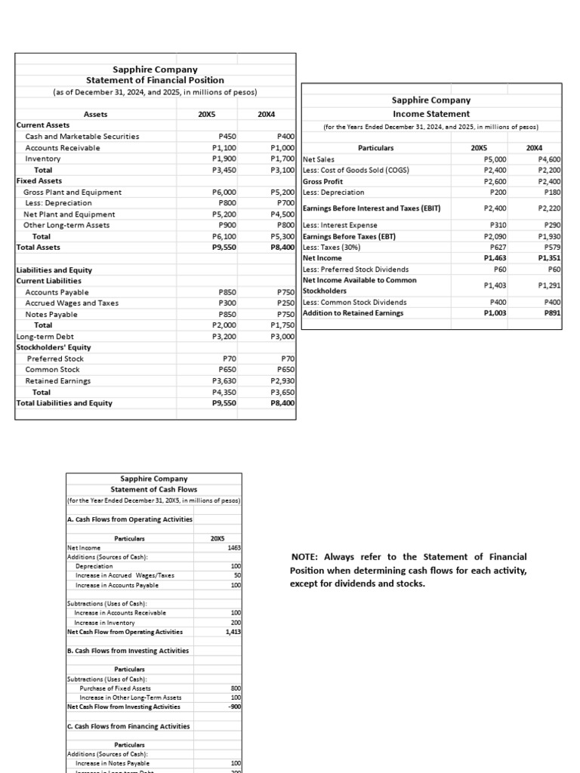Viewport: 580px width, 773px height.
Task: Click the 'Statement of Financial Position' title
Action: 155,80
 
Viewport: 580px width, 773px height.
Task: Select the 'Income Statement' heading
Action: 430,113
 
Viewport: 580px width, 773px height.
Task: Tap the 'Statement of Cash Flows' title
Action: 154,489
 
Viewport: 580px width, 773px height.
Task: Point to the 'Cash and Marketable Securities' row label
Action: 82,137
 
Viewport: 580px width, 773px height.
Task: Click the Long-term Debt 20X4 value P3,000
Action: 282,337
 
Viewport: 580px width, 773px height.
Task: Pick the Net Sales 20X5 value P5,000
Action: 494,159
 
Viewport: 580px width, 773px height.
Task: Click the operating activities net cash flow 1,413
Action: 233,632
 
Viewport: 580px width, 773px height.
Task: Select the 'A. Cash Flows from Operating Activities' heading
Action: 130,519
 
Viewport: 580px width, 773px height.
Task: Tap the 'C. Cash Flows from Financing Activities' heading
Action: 128,726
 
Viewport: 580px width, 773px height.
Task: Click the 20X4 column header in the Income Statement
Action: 534,148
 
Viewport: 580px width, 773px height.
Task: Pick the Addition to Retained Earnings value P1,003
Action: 494,313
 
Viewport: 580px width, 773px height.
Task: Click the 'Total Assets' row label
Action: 39,248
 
